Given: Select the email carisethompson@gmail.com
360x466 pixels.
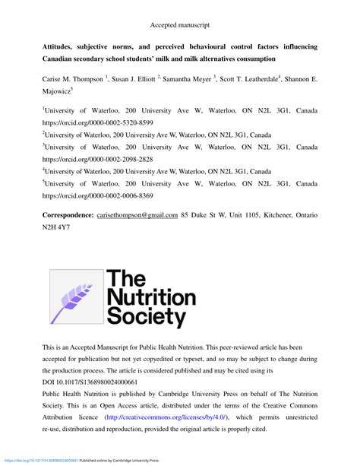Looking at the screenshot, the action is [137, 215].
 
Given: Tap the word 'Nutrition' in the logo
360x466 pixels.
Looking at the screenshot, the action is [152, 296].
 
